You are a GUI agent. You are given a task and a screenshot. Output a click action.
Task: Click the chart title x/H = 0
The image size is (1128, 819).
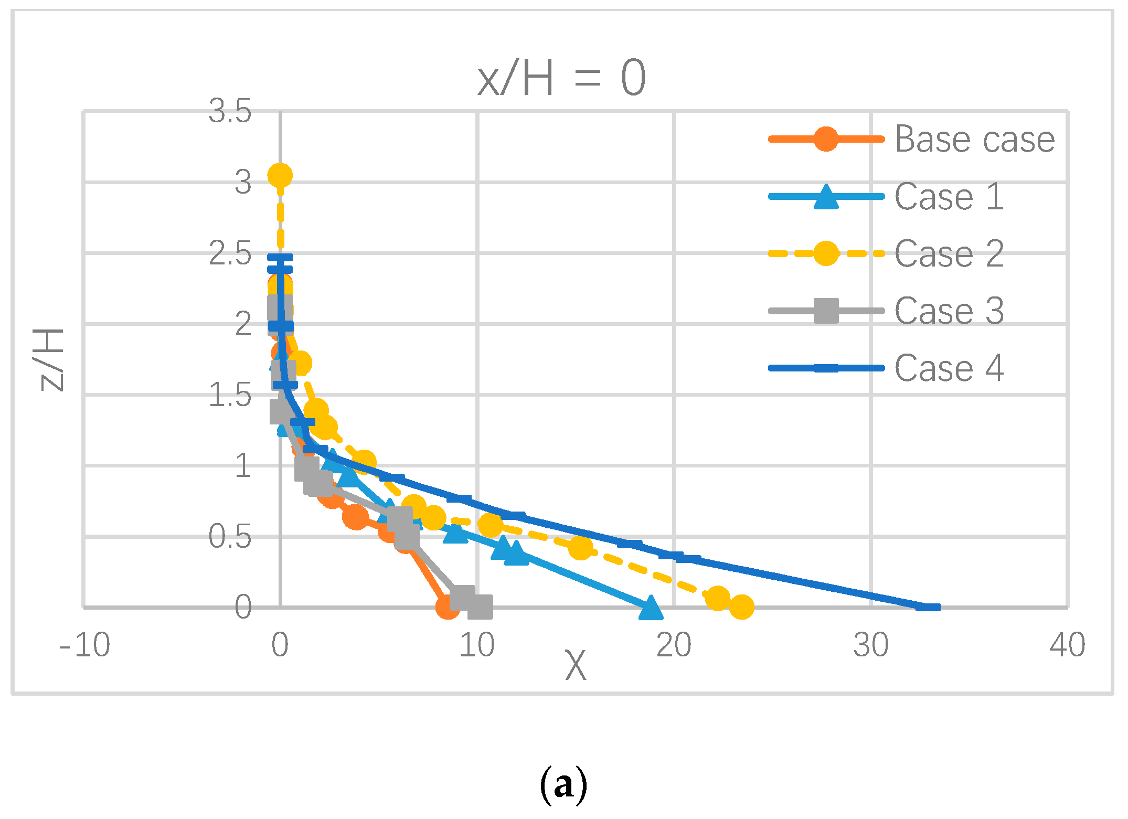click(x=562, y=79)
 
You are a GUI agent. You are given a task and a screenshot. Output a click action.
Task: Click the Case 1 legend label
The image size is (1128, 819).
click(x=949, y=197)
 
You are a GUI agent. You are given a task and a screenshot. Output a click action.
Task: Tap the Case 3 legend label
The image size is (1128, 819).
click(x=949, y=311)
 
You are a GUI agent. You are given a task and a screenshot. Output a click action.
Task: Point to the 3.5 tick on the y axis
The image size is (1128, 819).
click(x=230, y=111)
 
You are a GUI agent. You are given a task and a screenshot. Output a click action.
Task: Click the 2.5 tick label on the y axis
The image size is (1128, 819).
click(x=230, y=254)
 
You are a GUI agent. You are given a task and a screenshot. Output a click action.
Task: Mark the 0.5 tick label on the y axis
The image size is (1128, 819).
click(x=230, y=537)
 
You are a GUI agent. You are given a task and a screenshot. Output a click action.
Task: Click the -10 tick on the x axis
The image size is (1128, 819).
click(x=84, y=645)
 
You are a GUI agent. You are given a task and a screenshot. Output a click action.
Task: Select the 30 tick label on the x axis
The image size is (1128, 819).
click(x=871, y=645)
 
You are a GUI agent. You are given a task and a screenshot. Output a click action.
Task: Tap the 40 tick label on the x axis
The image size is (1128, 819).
click(x=1067, y=645)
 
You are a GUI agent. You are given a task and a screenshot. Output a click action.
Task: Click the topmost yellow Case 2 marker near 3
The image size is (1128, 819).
click(x=280, y=175)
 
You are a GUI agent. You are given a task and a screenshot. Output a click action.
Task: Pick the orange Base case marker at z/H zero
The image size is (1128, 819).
click(x=448, y=607)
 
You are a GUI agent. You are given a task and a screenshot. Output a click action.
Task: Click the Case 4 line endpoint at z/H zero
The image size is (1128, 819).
click(x=928, y=607)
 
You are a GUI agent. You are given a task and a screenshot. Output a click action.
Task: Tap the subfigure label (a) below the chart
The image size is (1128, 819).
click(x=563, y=785)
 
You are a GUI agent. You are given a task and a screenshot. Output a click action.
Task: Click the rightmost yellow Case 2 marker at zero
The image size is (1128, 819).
click(x=741, y=607)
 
